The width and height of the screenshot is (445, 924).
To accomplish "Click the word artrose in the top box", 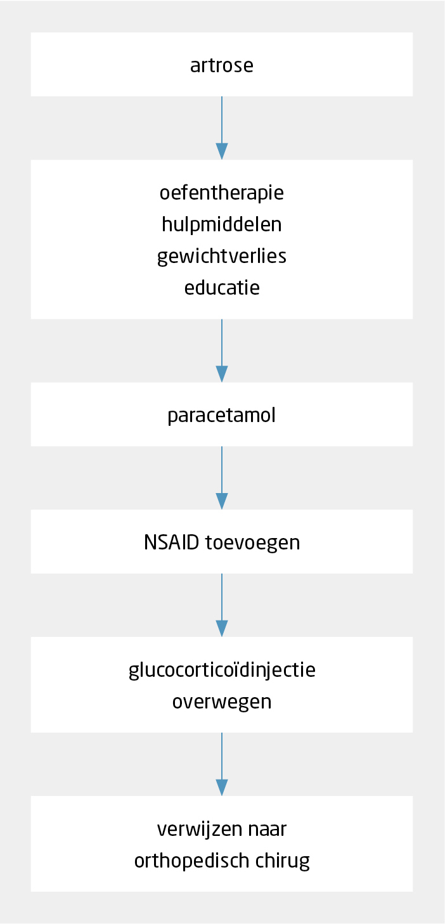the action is [222, 65].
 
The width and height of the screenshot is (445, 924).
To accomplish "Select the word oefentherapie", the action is [222, 193].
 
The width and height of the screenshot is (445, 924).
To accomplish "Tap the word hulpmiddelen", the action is [222, 224].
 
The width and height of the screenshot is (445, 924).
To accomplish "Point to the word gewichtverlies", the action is [222, 257].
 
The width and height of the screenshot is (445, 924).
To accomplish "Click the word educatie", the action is [222, 288].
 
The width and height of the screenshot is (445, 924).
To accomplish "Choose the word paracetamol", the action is [222, 415].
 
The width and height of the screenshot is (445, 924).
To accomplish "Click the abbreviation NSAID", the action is [172, 542].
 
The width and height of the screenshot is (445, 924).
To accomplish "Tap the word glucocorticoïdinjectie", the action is [222, 670].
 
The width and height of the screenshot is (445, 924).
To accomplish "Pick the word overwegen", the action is [222, 702].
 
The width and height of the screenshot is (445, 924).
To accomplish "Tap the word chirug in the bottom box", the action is [283, 861].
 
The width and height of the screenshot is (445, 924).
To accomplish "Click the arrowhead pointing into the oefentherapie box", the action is [222, 151].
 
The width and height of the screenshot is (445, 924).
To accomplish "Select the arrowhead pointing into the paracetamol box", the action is [222, 374].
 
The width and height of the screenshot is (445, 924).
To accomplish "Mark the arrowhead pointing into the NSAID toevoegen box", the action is [222, 501].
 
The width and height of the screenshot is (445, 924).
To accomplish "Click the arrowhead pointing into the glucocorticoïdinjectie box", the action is [222, 629].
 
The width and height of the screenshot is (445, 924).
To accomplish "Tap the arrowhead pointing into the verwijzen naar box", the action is [222, 788].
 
